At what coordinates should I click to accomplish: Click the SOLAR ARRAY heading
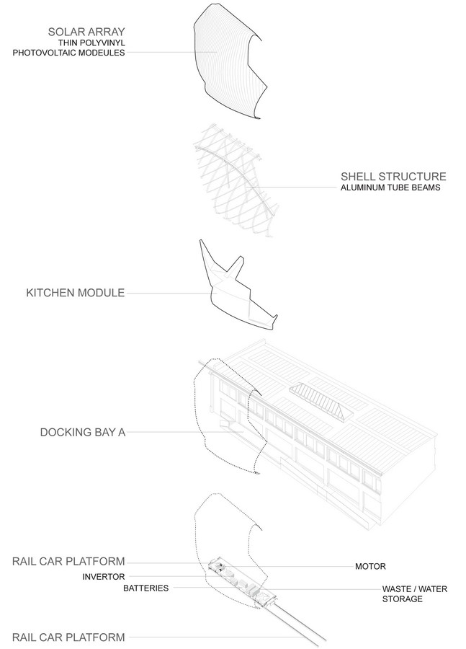86,32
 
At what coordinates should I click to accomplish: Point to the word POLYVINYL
104,43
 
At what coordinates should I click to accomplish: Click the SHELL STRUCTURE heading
393,177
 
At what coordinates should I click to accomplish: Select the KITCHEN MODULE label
75,293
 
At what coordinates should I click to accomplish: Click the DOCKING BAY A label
83,432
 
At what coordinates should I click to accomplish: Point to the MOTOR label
370,566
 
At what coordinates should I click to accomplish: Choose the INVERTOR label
104,577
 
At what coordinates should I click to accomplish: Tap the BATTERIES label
146,588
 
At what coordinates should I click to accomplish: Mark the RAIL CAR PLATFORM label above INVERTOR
68,561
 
